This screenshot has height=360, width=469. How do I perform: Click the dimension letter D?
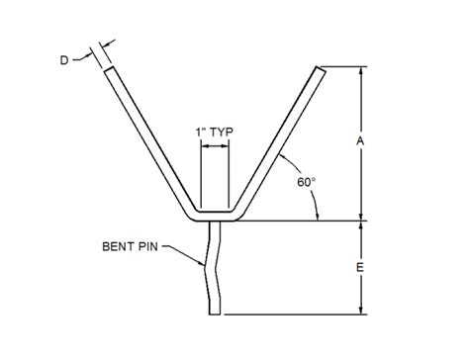coord(64,60)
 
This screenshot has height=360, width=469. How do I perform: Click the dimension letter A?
coord(361,141)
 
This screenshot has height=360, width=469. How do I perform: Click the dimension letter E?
coord(360,267)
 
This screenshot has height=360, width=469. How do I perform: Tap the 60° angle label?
coord(307,182)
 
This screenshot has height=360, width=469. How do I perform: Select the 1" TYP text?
coord(215,133)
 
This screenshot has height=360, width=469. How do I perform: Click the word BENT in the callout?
coord(118,246)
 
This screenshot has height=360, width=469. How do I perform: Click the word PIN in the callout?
coord(147,246)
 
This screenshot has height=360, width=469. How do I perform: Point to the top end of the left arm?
coord(110,69)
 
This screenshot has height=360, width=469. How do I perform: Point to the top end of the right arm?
coord(321,69)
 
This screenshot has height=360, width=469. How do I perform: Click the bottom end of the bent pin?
coord(215,315)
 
